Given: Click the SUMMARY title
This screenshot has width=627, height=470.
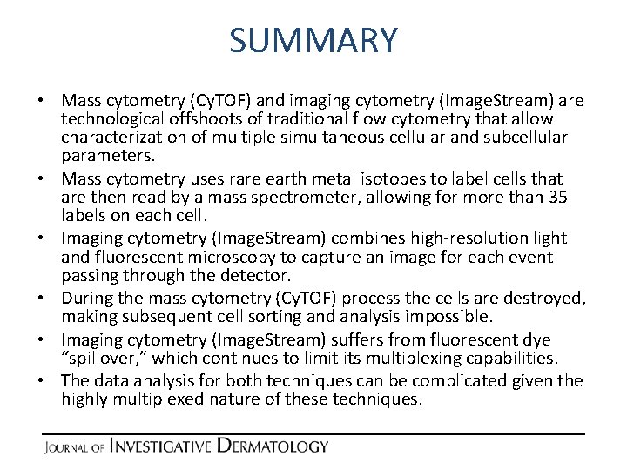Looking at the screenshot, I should click(x=313, y=41).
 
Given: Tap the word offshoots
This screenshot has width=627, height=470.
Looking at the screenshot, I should click(x=216, y=117).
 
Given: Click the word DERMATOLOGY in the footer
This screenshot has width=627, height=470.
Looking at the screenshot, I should click(x=273, y=446).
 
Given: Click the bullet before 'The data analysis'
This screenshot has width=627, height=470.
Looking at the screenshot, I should click(x=49, y=380).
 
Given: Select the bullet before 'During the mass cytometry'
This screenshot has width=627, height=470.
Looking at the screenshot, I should click(x=49, y=299).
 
